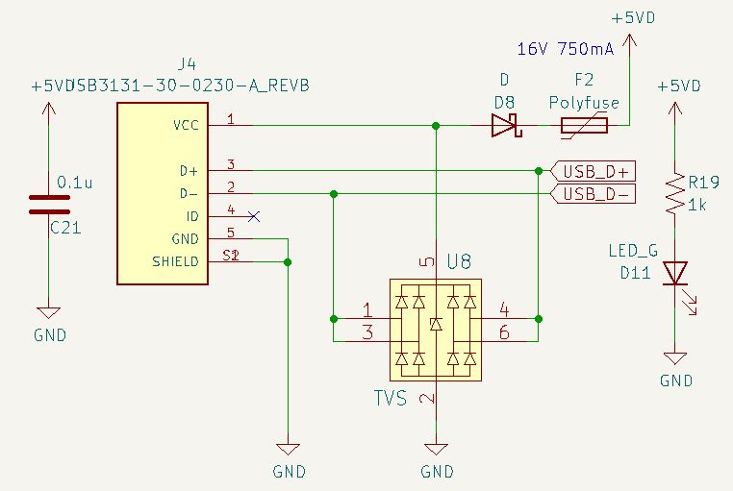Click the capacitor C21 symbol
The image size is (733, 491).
[x=49, y=204]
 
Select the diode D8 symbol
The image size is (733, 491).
[x=504, y=125]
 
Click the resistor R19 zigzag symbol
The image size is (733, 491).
[x=674, y=192]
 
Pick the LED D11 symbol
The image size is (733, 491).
[x=675, y=274]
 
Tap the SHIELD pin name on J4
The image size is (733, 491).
[x=175, y=261]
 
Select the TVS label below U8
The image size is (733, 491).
[x=391, y=398]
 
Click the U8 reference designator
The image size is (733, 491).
[x=459, y=261]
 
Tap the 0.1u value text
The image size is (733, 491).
[x=75, y=182]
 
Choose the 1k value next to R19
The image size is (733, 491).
[x=698, y=205]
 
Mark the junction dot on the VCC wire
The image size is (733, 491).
[x=437, y=125]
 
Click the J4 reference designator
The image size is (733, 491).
[x=188, y=64]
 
